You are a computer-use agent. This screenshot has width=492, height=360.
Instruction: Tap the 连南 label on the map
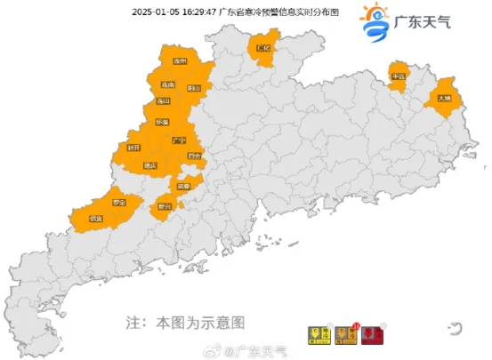[167, 85]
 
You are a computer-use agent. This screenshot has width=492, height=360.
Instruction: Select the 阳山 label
[194, 88]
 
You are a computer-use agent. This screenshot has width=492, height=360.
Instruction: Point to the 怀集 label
[163, 121]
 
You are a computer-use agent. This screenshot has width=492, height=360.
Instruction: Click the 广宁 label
[178, 140]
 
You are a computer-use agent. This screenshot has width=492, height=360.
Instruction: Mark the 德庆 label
[149, 165]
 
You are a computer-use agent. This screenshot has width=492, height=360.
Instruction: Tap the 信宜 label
[96, 218]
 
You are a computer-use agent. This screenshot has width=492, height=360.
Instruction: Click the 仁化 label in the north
[262, 49]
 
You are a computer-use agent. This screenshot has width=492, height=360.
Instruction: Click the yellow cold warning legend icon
[316, 336]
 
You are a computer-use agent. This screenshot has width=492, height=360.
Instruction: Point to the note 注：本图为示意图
[184, 320]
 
